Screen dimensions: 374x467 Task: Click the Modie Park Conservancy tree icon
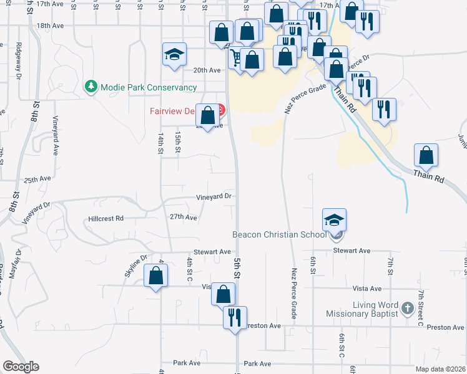point(91,86)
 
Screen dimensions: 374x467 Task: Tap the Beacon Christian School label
point(278,235)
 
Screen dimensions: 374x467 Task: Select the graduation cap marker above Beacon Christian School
point(334,220)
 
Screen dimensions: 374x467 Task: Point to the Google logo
point(21,367)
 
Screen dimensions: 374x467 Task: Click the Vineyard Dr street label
point(214,196)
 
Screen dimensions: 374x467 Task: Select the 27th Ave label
point(184,218)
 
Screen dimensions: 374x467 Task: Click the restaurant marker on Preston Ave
point(235,317)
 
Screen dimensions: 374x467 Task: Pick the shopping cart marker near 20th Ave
point(237,59)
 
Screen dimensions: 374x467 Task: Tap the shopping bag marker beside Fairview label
point(208,115)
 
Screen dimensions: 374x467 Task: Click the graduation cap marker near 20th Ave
point(175,54)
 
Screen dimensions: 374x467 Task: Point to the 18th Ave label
point(51,26)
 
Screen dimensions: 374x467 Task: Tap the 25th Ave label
point(37,179)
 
